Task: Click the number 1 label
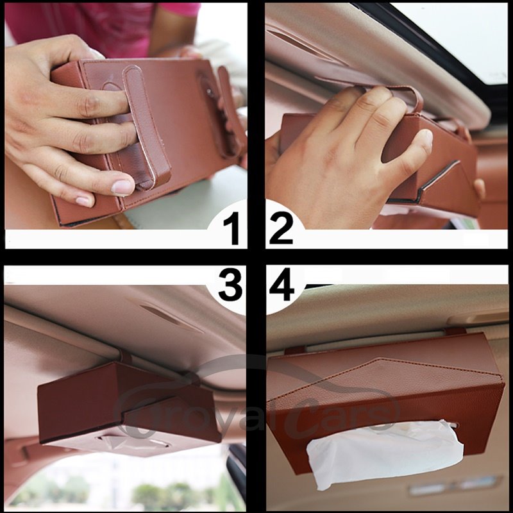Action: (235, 228)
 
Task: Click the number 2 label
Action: (281, 228)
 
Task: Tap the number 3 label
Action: (231, 284)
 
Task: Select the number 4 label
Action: (282, 284)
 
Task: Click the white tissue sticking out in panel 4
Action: (385, 453)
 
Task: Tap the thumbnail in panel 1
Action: (122, 187)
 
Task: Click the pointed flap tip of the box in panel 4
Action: (380, 358)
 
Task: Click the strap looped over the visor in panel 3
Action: (125, 357)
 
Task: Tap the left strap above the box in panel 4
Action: (295, 350)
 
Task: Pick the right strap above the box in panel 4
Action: (455, 331)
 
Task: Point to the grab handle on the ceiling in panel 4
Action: (477, 318)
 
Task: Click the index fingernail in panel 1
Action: (85, 201)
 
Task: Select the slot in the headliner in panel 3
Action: (171, 317)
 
